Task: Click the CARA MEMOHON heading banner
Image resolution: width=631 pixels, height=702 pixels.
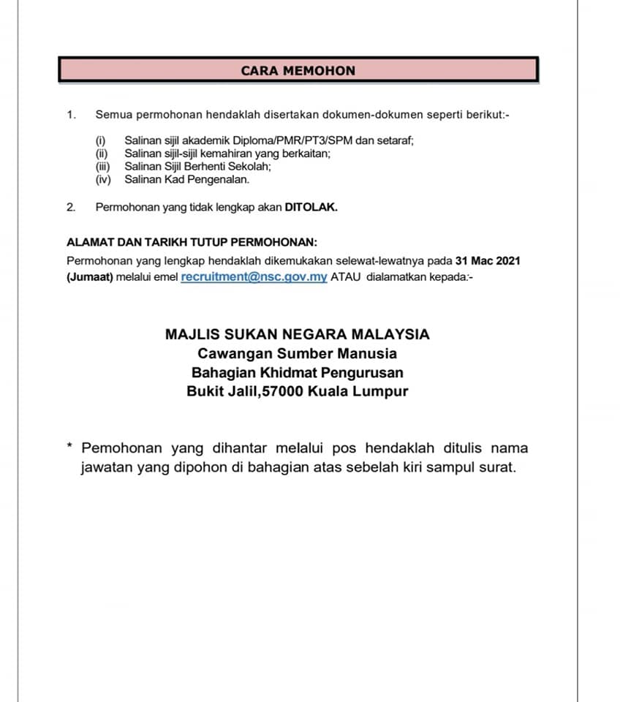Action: (298, 70)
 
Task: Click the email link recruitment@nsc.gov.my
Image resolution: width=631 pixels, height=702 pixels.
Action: (254, 277)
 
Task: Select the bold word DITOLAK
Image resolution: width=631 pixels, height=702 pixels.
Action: (311, 207)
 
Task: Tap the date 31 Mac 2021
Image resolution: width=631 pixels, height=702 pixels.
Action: (488, 260)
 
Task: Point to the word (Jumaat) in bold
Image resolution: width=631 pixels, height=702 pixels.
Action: (89, 278)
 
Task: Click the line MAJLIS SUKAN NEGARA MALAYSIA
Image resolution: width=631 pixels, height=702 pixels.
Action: (298, 334)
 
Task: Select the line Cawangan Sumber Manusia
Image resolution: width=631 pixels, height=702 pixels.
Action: (298, 353)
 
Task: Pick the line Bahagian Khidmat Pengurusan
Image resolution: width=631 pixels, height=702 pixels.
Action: (298, 372)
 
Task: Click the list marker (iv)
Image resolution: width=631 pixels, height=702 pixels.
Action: (102, 179)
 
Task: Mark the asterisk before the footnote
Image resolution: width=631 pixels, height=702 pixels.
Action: (69, 446)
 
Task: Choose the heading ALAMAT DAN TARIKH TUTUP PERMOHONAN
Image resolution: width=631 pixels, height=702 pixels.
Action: (192, 243)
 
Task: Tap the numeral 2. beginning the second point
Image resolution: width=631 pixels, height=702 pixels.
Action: (71, 207)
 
